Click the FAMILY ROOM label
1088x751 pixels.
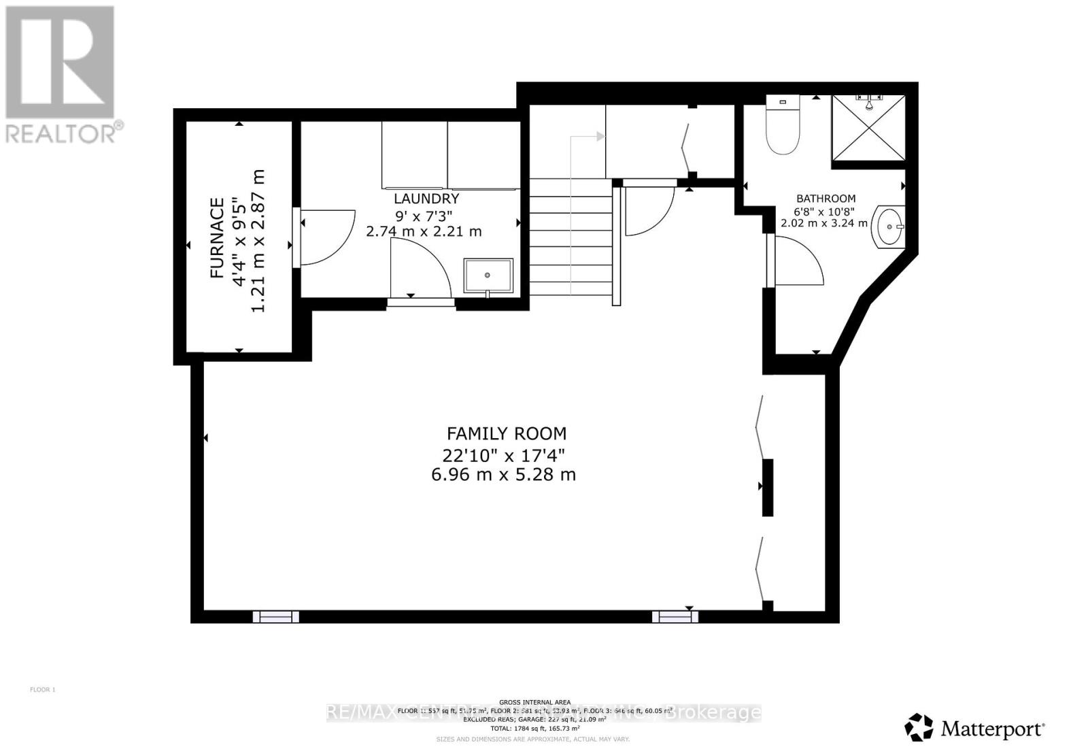point(506,433)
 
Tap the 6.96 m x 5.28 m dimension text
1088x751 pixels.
point(503,474)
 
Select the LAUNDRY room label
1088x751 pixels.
point(426,199)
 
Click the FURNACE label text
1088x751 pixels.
point(217,237)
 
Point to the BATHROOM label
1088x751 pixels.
point(826,199)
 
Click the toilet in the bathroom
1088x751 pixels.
point(783,126)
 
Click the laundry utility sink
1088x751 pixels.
point(488,275)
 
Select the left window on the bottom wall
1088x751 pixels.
point(275,616)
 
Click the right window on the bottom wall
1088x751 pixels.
point(675,616)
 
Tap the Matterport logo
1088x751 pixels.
point(975,729)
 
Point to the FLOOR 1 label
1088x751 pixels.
point(42,690)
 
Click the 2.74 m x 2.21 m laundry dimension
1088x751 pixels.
point(424,231)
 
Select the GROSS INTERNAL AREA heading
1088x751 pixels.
point(534,703)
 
